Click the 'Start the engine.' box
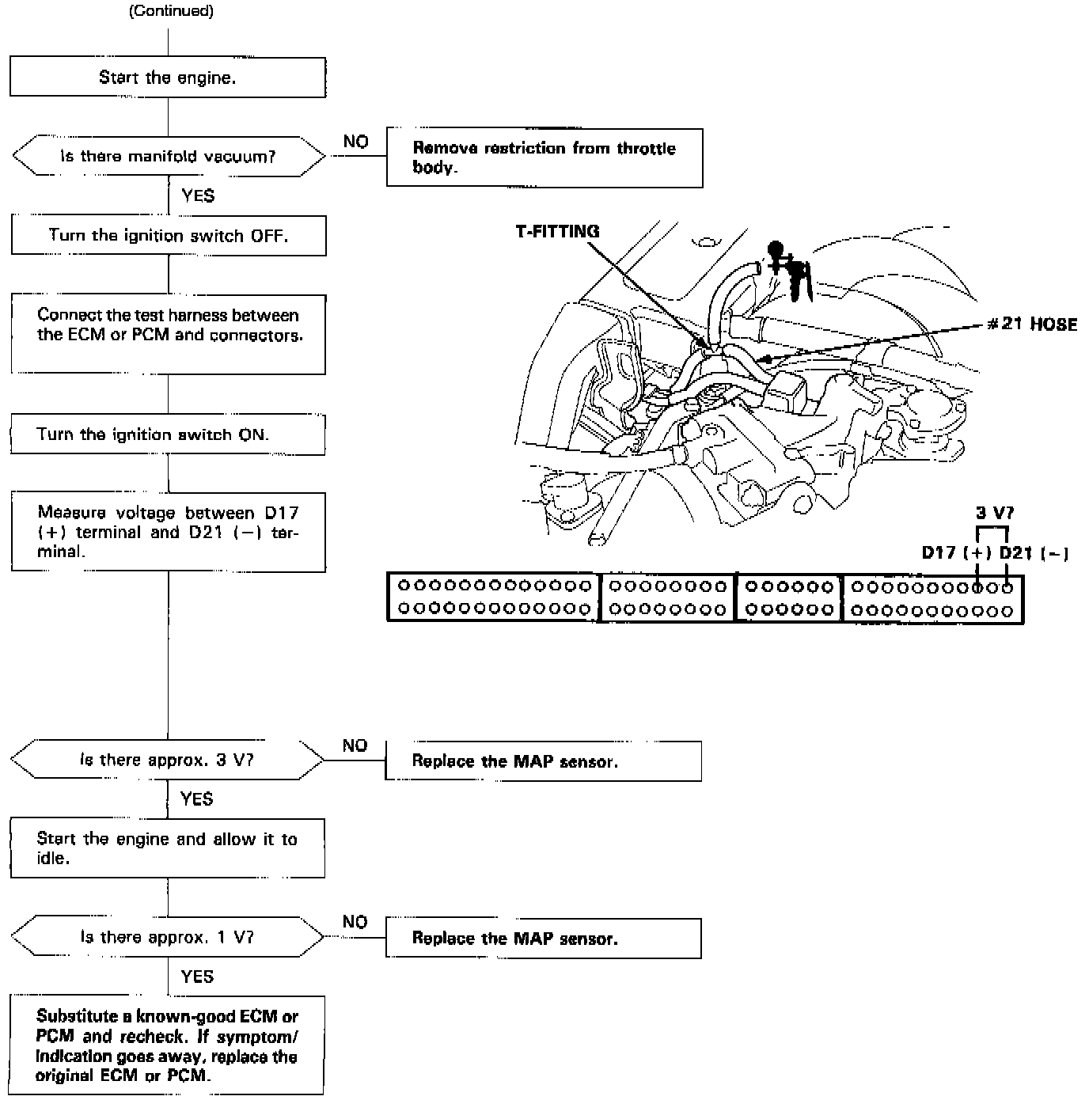(x=167, y=78)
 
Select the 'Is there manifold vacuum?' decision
(x=168, y=156)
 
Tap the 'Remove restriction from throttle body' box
(x=544, y=157)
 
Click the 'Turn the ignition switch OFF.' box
(x=168, y=235)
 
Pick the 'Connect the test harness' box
(x=168, y=333)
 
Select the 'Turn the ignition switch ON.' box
(x=168, y=434)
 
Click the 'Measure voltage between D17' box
(x=168, y=532)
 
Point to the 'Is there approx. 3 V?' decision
(x=167, y=760)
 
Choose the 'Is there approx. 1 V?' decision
(x=167, y=937)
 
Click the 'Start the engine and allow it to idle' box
(x=167, y=848)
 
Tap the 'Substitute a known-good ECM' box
(x=167, y=1045)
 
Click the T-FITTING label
(x=557, y=231)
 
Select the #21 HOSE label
(x=1032, y=324)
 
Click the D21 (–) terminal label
(x=1034, y=553)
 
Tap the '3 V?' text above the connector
(x=994, y=513)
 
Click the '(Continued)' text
(x=171, y=11)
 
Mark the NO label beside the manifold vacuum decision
(x=355, y=142)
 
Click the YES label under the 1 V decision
(x=197, y=977)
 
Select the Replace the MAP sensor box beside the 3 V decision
(x=543, y=761)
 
